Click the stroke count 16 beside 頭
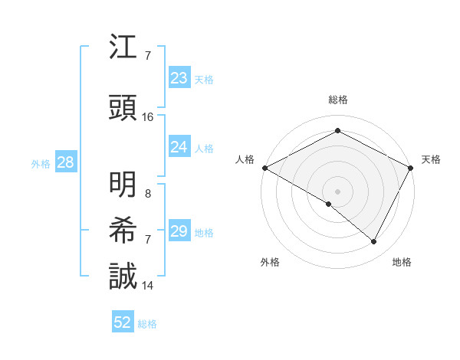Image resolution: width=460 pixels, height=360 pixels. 148,117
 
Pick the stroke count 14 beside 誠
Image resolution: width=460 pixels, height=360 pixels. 148,285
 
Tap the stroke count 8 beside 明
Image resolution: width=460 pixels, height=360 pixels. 148,194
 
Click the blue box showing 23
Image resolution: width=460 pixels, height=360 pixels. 179,77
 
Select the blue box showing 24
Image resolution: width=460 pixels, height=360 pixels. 179,147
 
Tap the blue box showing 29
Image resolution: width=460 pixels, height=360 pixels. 179,231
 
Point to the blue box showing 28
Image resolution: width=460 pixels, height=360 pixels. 65,162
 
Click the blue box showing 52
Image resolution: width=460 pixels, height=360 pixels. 123,322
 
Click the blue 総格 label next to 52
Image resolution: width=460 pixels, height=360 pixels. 147,323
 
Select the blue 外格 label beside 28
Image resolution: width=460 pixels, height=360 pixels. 41,163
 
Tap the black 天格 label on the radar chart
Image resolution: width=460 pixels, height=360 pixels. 431,159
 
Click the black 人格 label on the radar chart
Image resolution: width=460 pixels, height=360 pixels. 245,159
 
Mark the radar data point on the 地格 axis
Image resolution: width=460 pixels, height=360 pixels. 374,242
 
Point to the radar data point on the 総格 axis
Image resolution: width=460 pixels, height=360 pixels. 337,131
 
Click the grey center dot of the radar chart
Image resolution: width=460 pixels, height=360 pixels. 337,191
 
